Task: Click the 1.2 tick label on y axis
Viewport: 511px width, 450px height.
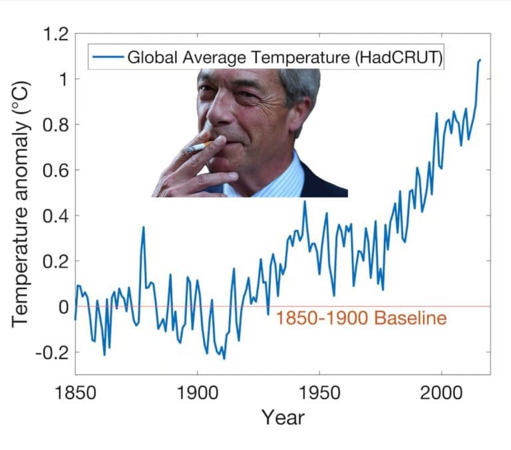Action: coord(55,34)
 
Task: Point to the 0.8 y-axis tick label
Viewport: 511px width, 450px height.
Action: coord(55,125)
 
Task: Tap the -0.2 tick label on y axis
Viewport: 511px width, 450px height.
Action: coord(52,352)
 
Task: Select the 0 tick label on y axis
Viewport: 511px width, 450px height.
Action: coord(64,307)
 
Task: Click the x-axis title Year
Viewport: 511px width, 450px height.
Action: coord(283,417)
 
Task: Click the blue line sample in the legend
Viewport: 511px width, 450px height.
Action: coord(108,57)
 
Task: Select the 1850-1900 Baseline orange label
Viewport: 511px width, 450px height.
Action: coord(361,318)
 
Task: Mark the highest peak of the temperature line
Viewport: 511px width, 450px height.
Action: coord(479,60)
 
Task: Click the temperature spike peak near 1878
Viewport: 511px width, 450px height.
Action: coord(143,227)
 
